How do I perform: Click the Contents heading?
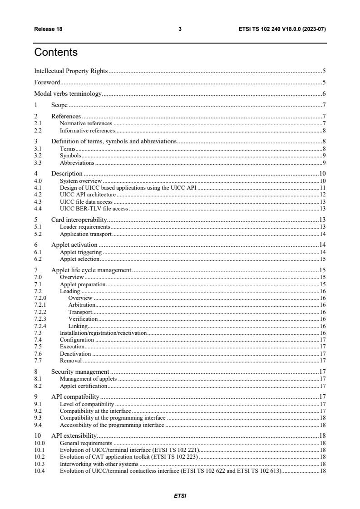pos(56,52)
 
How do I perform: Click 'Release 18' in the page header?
pos(48,29)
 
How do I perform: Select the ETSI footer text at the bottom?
pos(180,496)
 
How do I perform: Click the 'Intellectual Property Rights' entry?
pos(71,71)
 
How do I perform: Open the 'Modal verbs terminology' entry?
pos(68,94)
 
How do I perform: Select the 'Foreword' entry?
pos(47,83)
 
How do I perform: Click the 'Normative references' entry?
pos(86,123)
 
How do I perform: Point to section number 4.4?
pos(39,209)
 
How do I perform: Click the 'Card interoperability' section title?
pos(75,220)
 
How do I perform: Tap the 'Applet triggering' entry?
pos(81,252)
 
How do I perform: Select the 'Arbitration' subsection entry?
pos(82,305)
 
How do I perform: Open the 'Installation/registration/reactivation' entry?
pos(103,333)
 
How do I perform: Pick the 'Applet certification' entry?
pos(84,386)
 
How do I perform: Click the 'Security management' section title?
pos(80,372)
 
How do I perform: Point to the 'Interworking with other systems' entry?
pos(99,464)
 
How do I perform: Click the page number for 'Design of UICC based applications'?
pos(323,187)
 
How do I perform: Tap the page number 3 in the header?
pos(180,29)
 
